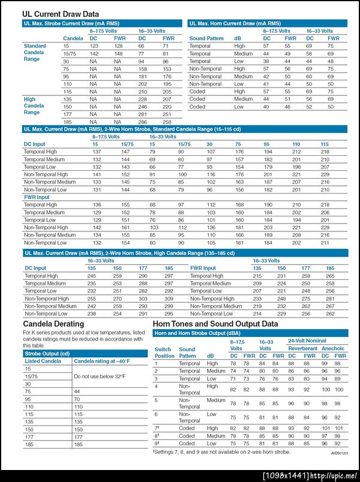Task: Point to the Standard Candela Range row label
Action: (x=34, y=53)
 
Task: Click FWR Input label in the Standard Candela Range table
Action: (x=37, y=197)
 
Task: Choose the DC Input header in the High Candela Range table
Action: (x=35, y=268)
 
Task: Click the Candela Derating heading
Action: (x=53, y=324)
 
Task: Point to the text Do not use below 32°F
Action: (x=99, y=376)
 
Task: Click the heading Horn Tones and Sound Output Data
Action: (x=215, y=324)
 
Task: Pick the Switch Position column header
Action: (x=163, y=352)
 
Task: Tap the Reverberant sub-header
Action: (x=302, y=348)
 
